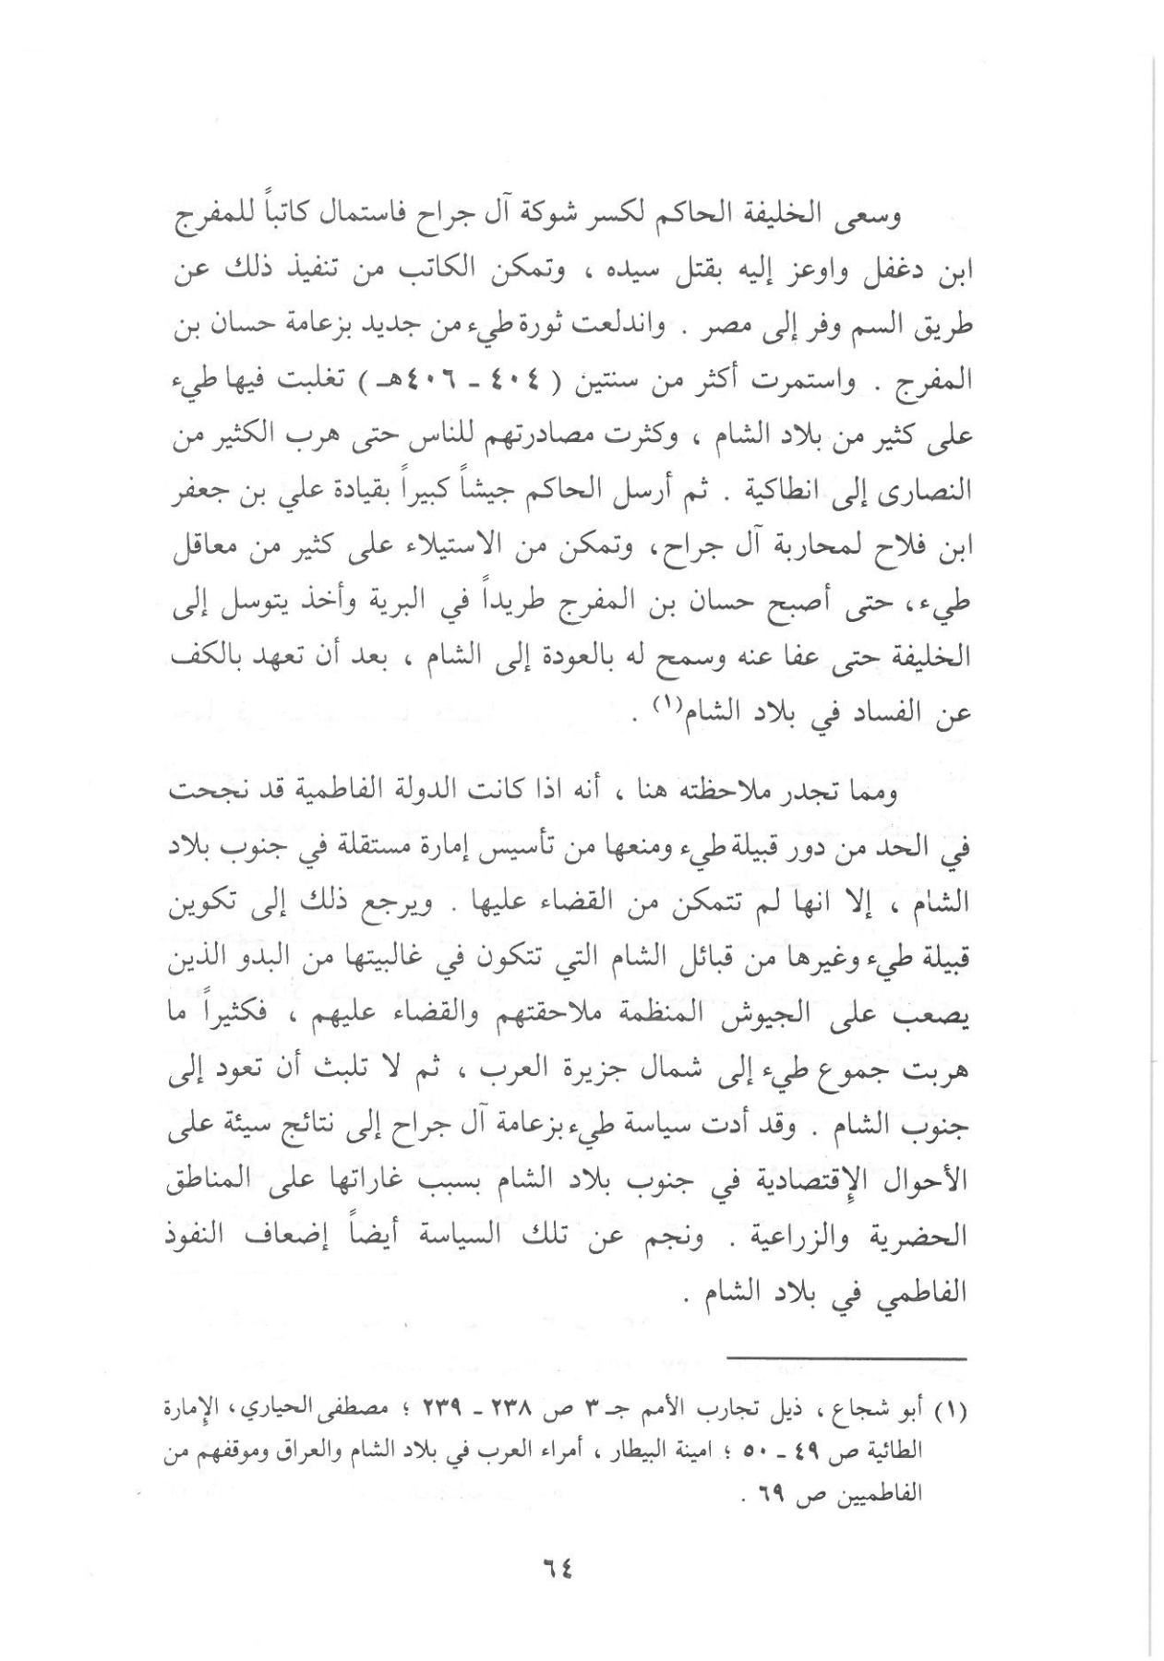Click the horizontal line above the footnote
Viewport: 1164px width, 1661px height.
(x=847, y=1358)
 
